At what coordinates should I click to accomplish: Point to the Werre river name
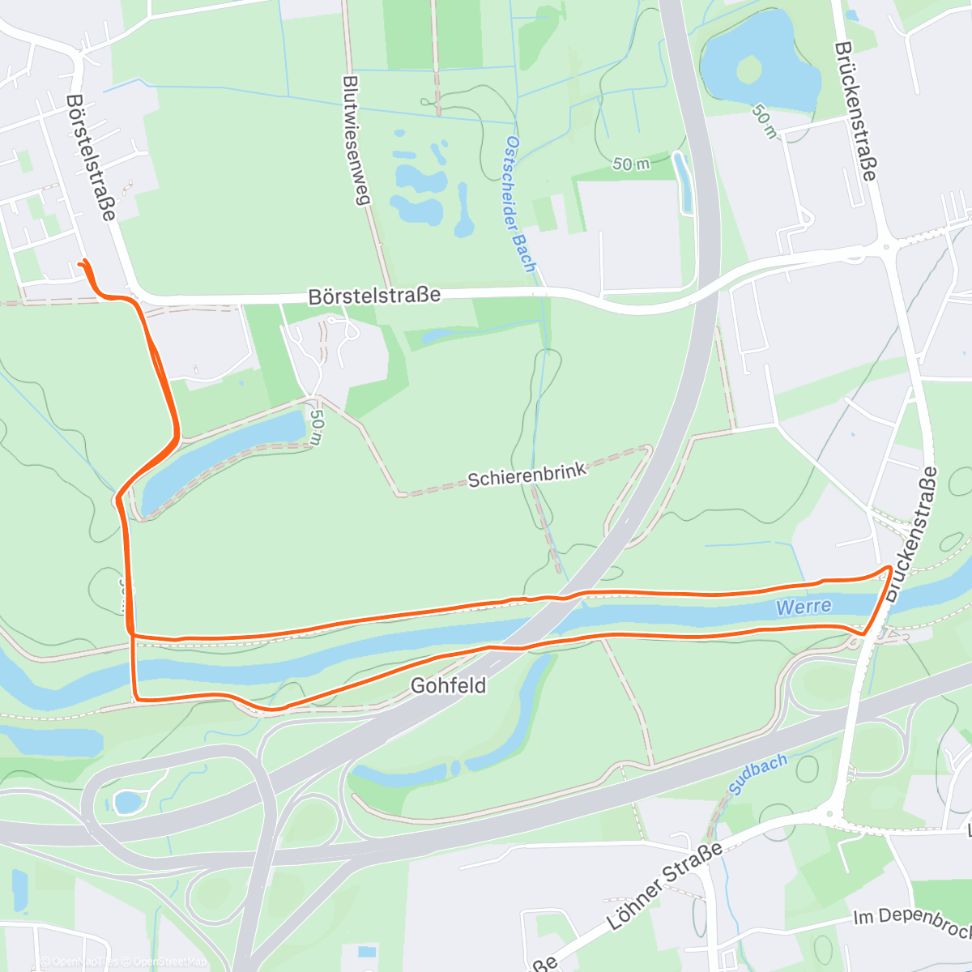click(803, 607)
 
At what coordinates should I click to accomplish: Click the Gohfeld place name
click(448, 685)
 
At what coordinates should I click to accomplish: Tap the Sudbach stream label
click(758, 774)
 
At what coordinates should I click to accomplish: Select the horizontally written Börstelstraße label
click(374, 296)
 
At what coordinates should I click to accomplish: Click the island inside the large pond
click(748, 70)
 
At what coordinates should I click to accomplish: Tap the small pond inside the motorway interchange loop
click(126, 802)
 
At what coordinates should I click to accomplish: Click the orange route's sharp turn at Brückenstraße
click(890, 569)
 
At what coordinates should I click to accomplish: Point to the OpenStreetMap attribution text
click(167, 961)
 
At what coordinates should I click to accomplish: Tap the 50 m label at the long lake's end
click(316, 428)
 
